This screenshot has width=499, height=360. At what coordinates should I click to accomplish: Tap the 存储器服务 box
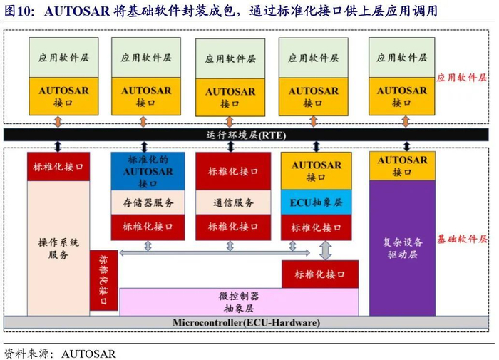[148, 202]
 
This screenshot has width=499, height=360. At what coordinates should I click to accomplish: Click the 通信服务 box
[232, 202]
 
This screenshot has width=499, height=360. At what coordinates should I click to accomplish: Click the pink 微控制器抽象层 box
[238, 302]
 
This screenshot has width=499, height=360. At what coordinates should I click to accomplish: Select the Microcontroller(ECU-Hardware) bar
[246, 323]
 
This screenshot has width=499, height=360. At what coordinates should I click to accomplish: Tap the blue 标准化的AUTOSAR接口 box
[148, 171]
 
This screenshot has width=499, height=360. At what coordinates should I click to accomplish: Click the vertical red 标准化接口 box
[103, 280]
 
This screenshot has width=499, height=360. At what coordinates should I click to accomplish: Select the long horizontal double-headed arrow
[214, 252]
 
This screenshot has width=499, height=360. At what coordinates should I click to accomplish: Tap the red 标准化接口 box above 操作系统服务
[58, 167]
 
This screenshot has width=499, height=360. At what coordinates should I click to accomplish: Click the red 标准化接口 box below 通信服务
[232, 227]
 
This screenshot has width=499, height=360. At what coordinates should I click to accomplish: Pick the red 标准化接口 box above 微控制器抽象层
[320, 274]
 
